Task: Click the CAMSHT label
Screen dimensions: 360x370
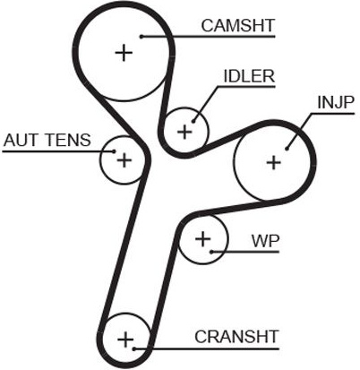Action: pyautogui.click(x=237, y=26)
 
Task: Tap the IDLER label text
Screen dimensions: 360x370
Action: pyautogui.click(x=249, y=76)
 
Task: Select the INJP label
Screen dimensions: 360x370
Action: pyautogui.click(x=336, y=103)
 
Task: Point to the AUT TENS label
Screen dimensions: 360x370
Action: pyautogui.click(x=47, y=140)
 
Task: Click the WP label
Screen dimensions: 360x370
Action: pyautogui.click(x=265, y=241)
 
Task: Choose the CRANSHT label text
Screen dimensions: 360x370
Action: pyautogui.click(x=236, y=337)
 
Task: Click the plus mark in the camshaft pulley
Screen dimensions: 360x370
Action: pyautogui.click(x=124, y=53)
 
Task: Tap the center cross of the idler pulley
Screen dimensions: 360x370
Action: pyautogui.click(x=184, y=132)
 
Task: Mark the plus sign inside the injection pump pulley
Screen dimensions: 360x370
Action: pyautogui.click(x=273, y=163)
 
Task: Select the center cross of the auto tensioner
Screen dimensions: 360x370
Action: pyautogui.click(x=124, y=160)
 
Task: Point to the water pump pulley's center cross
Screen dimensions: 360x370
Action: pyautogui.click(x=203, y=239)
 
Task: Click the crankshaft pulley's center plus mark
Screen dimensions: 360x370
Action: pyautogui.click(x=125, y=340)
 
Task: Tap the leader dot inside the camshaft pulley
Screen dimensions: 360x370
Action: pyautogui.click(x=141, y=37)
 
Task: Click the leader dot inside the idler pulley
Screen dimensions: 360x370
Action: pyautogui.click(x=193, y=122)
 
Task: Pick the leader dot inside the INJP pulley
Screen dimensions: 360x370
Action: pyautogui.click(x=287, y=149)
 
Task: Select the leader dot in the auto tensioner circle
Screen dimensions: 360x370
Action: pyautogui.click(x=114, y=151)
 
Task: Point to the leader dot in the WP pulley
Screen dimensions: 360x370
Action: pyautogui.click(x=211, y=252)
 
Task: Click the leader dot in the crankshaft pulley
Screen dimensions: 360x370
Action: pyautogui.click(x=134, y=348)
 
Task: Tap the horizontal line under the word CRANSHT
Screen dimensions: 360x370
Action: pyautogui.click(x=207, y=348)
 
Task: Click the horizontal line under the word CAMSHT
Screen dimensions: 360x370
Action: pyautogui.click(x=208, y=37)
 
